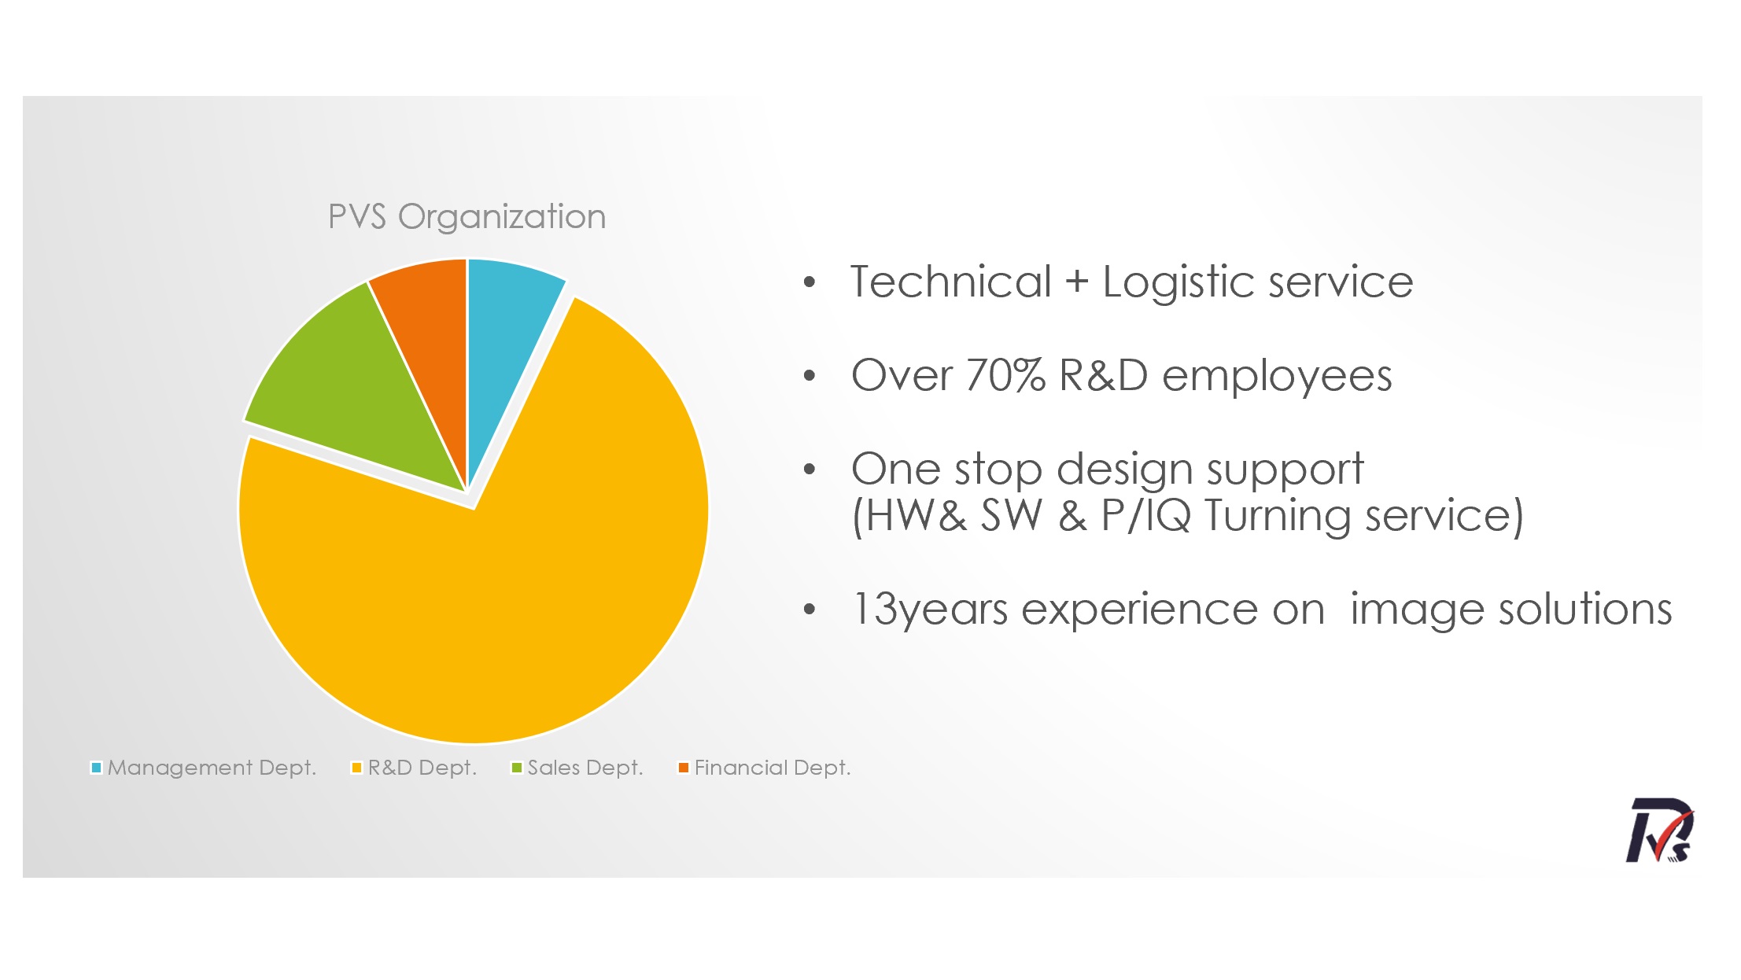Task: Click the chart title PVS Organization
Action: click(x=467, y=217)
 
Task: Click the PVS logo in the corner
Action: click(x=1659, y=831)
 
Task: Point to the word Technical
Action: click(x=950, y=282)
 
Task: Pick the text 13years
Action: click(x=929, y=610)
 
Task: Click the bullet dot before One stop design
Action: click(x=810, y=470)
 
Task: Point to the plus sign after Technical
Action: click(x=1076, y=282)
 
